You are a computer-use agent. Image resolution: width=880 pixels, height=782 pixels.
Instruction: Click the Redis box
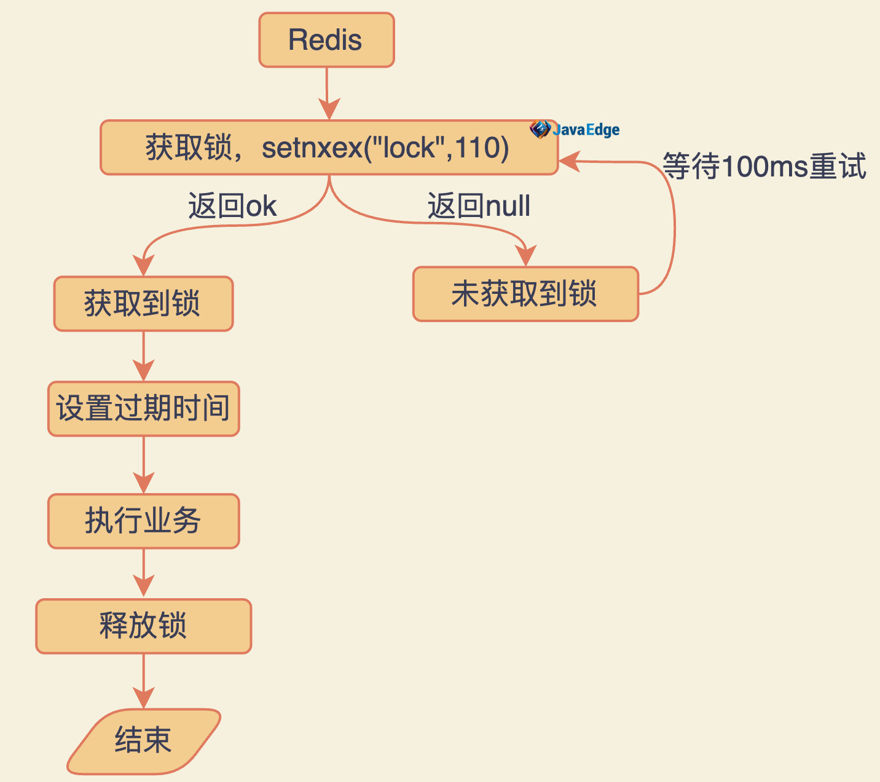coord(326,40)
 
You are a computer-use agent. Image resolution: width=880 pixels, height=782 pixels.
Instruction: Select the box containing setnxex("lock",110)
coord(329,148)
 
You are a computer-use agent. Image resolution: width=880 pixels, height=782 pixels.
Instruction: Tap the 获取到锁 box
coord(143,304)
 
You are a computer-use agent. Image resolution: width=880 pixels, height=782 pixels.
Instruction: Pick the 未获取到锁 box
coord(525,294)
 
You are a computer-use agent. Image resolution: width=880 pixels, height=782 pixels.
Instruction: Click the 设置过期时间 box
coord(143,409)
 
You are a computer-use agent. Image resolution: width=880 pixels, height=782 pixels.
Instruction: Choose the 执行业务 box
coord(143,521)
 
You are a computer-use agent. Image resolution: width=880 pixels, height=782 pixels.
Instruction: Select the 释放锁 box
coord(143,626)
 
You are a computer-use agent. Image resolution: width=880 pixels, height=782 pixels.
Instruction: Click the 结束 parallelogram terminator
coord(143,740)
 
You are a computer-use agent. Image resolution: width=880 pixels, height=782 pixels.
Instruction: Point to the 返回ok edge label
coord(232,206)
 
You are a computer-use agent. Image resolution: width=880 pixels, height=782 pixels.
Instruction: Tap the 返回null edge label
coord(479,206)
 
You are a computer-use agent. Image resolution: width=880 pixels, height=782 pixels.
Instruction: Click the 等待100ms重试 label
coord(764,167)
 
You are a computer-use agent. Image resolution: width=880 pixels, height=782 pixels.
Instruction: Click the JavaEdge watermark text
coord(586,130)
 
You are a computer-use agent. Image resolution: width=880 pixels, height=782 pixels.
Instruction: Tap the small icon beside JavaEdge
coord(540,129)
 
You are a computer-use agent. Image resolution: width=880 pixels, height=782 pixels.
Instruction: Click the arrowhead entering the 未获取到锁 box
coord(526,256)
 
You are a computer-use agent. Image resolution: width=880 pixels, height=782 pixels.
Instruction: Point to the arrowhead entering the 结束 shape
coord(144,699)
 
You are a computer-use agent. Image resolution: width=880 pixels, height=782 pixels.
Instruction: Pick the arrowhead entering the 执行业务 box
coord(144,483)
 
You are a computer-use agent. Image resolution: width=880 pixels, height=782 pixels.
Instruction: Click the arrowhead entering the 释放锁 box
coord(144,587)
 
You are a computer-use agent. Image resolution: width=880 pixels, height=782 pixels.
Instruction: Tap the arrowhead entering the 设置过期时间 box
coord(144,371)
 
